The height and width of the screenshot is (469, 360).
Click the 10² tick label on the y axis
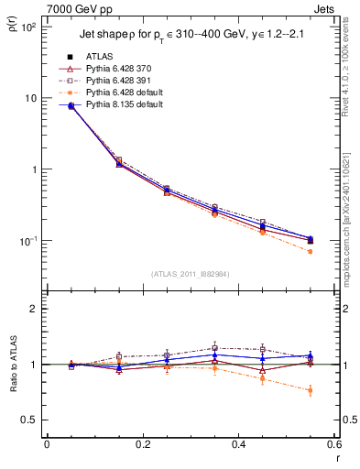(x=30, y=27)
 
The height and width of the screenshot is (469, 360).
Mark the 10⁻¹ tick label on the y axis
(x=30, y=241)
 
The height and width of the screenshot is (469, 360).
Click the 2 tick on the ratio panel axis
(x=35, y=310)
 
